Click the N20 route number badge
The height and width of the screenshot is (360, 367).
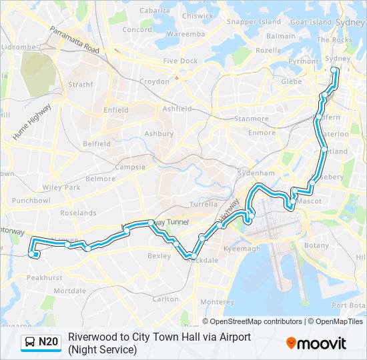(49, 343)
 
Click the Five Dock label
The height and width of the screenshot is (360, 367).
(180, 61)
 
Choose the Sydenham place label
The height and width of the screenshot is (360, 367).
(256, 173)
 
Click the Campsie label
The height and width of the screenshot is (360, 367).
(130, 167)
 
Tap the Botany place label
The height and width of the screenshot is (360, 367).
(316, 245)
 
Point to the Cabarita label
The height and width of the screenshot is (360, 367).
(155, 11)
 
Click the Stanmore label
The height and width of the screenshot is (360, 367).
(251, 119)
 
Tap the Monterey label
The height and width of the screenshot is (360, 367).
(217, 301)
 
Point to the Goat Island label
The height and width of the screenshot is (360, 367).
(311, 22)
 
